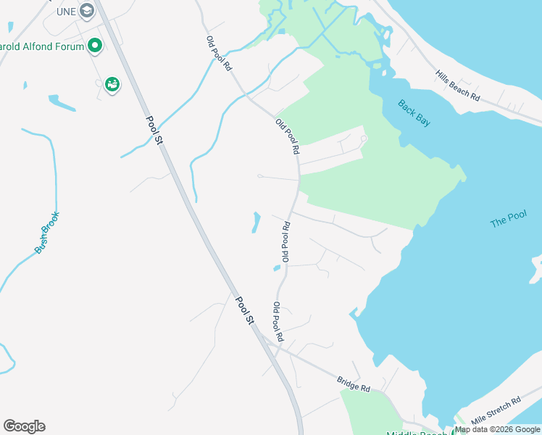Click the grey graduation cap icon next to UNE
[87, 10]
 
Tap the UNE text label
[67, 11]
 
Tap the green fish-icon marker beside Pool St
[112, 85]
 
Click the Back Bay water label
[414, 113]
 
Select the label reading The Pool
[508, 219]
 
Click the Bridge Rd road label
[354, 384]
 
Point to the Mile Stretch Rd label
[496, 410]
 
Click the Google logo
[24, 426]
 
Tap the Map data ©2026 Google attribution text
[497, 429]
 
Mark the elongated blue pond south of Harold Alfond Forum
[62, 103]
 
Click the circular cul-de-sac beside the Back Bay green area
[364, 138]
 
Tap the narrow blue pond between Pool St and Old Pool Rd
[255, 222]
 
